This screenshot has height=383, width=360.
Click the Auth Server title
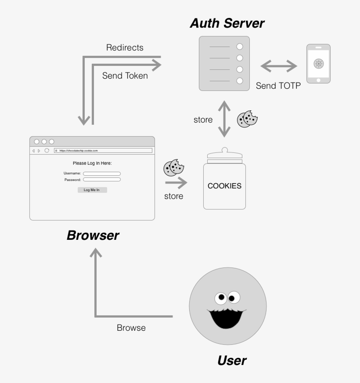(227, 23)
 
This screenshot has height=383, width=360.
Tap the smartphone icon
(318, 64)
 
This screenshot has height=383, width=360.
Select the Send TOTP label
(278, 86)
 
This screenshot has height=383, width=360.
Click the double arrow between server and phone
(279, 67)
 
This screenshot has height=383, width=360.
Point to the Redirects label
(125, 47)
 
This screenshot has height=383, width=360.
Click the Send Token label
(125, 76)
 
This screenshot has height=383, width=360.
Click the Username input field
(102, 173)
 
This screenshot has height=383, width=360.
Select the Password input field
(102, 180)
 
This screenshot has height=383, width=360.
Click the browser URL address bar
(103, 150)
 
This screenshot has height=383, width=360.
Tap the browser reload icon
(47, 150)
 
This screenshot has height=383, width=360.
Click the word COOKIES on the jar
(224, 186)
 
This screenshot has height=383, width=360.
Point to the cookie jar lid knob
(224, 150)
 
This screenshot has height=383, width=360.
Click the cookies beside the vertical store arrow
(247, 119)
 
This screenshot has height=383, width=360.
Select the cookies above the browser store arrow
(173, 168)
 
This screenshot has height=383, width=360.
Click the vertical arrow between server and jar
(224, 119)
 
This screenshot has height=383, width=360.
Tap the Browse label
(131, 328)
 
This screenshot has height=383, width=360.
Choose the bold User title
(232, 361)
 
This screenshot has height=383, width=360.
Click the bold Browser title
(93, 235)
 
